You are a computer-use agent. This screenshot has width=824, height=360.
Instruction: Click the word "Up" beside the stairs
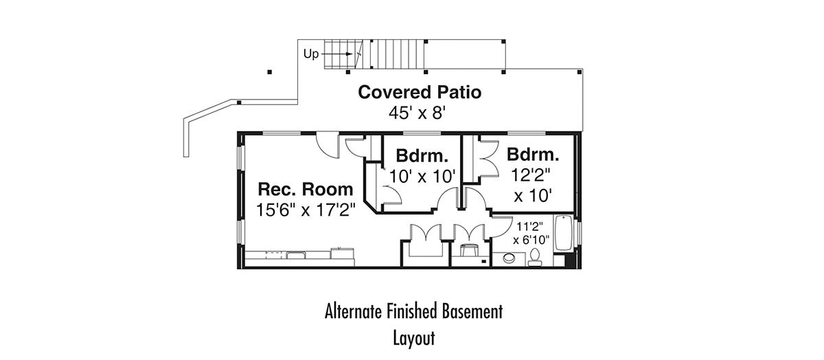(x=311, y=54)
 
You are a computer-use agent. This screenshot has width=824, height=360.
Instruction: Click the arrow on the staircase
(x=337, y=54)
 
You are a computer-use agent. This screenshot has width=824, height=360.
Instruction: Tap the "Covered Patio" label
(x=420, y=92)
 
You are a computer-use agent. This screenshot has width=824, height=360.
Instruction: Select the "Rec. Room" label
(x=306, y=189)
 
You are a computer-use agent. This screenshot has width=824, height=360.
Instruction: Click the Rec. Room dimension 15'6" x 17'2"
(x=306, y=210)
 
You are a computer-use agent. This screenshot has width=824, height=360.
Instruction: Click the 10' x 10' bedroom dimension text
(x=422, y=177)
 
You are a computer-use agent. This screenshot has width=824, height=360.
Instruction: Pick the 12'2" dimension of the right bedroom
(x=530, y=175)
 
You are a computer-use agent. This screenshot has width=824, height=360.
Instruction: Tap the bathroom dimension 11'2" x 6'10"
(x=531, y=234)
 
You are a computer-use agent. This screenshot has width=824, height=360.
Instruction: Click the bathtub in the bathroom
(x=563, y=233)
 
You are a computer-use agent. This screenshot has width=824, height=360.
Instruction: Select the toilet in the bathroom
(x=534, y=258)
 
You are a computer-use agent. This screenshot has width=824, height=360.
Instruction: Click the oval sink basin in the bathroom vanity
(x=509, y=258)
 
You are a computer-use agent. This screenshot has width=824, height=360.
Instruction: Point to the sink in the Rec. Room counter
(x=296, y=255)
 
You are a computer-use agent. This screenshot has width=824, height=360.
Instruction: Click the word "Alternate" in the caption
(x=354, y=311)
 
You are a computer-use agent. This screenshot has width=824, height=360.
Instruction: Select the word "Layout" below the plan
(x=414, y=338)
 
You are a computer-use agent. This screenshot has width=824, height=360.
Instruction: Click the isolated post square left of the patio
(x=270, y=72)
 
